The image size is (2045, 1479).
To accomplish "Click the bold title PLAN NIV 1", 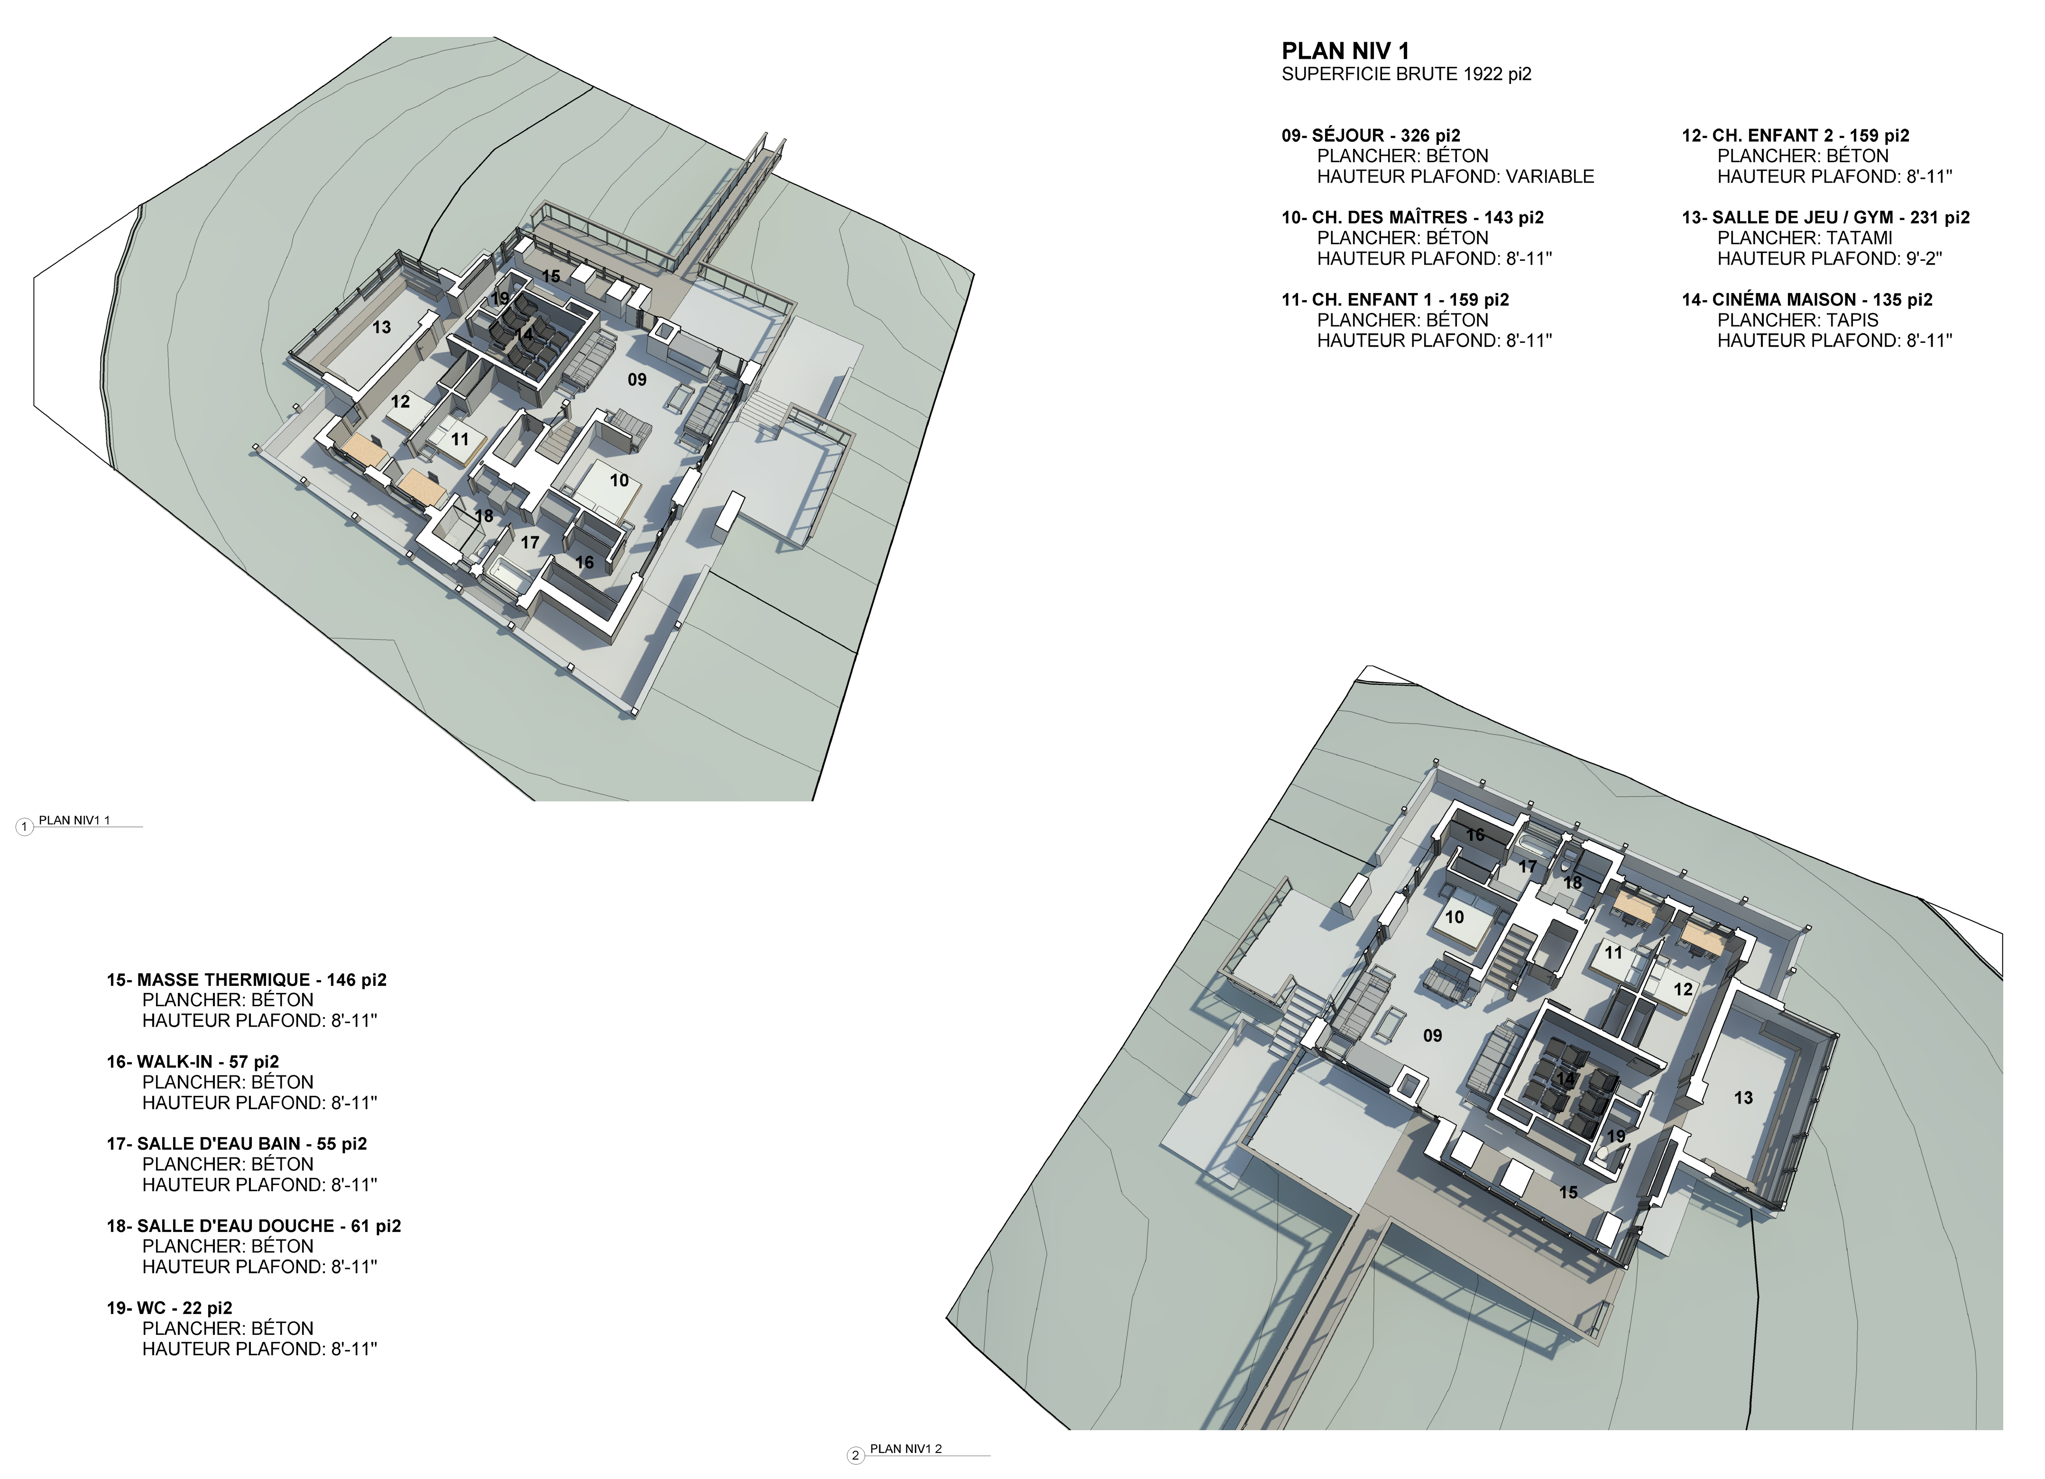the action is click(x=1345, y=51).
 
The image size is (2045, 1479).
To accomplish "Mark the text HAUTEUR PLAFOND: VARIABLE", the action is click(x=1456, y=177).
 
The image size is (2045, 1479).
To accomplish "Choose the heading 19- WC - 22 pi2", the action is click(x=169, y=1308).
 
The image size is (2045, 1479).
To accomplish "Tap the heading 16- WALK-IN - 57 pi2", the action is click(x=193, y=1062).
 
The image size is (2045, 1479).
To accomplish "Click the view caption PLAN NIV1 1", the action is click(x=74, y=820).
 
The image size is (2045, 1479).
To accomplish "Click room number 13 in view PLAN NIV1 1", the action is click(x=382, y=327).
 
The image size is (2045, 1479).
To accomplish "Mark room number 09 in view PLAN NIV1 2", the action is click(x=1433, y=1036).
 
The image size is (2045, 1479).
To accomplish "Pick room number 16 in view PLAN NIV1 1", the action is click(x=584, y=562).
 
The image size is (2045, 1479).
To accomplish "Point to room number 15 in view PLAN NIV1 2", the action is click(x=1569, y=1193).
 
